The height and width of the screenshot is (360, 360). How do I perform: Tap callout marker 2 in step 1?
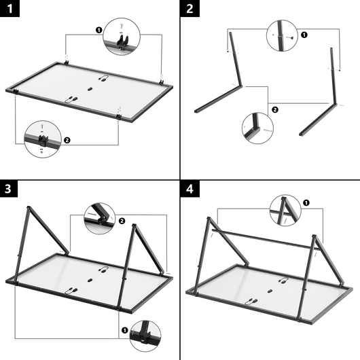66,140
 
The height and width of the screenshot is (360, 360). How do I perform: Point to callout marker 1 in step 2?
303,34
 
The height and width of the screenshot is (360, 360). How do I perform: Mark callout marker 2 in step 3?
122,221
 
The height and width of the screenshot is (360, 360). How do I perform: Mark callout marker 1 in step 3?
124,331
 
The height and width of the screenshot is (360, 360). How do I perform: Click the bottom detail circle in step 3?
145,335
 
